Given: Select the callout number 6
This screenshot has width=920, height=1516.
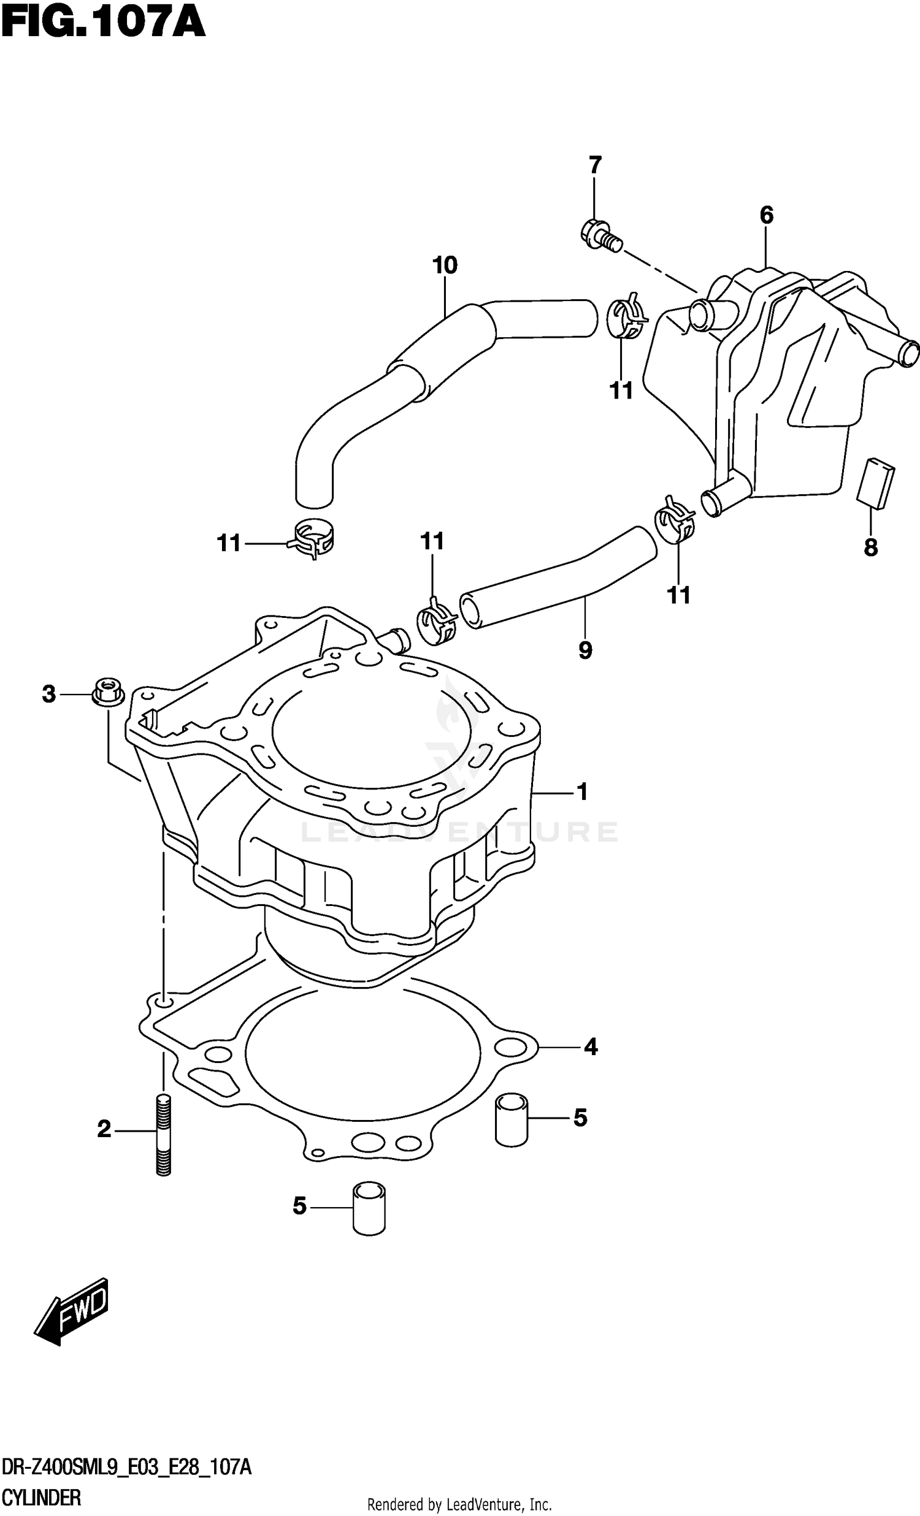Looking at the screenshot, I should [766, 215].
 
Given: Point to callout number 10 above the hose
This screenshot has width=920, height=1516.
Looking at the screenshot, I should [444, 266].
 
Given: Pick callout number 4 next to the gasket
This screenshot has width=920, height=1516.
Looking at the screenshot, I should [590, 1046].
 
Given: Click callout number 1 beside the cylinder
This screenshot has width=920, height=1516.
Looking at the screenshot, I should [581, 792].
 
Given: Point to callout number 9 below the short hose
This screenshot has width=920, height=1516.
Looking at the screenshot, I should [585, 650].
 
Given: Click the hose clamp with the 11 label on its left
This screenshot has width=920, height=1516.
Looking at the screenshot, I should [313, 540].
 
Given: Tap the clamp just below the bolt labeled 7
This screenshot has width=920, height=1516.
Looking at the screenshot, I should [626, 316].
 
